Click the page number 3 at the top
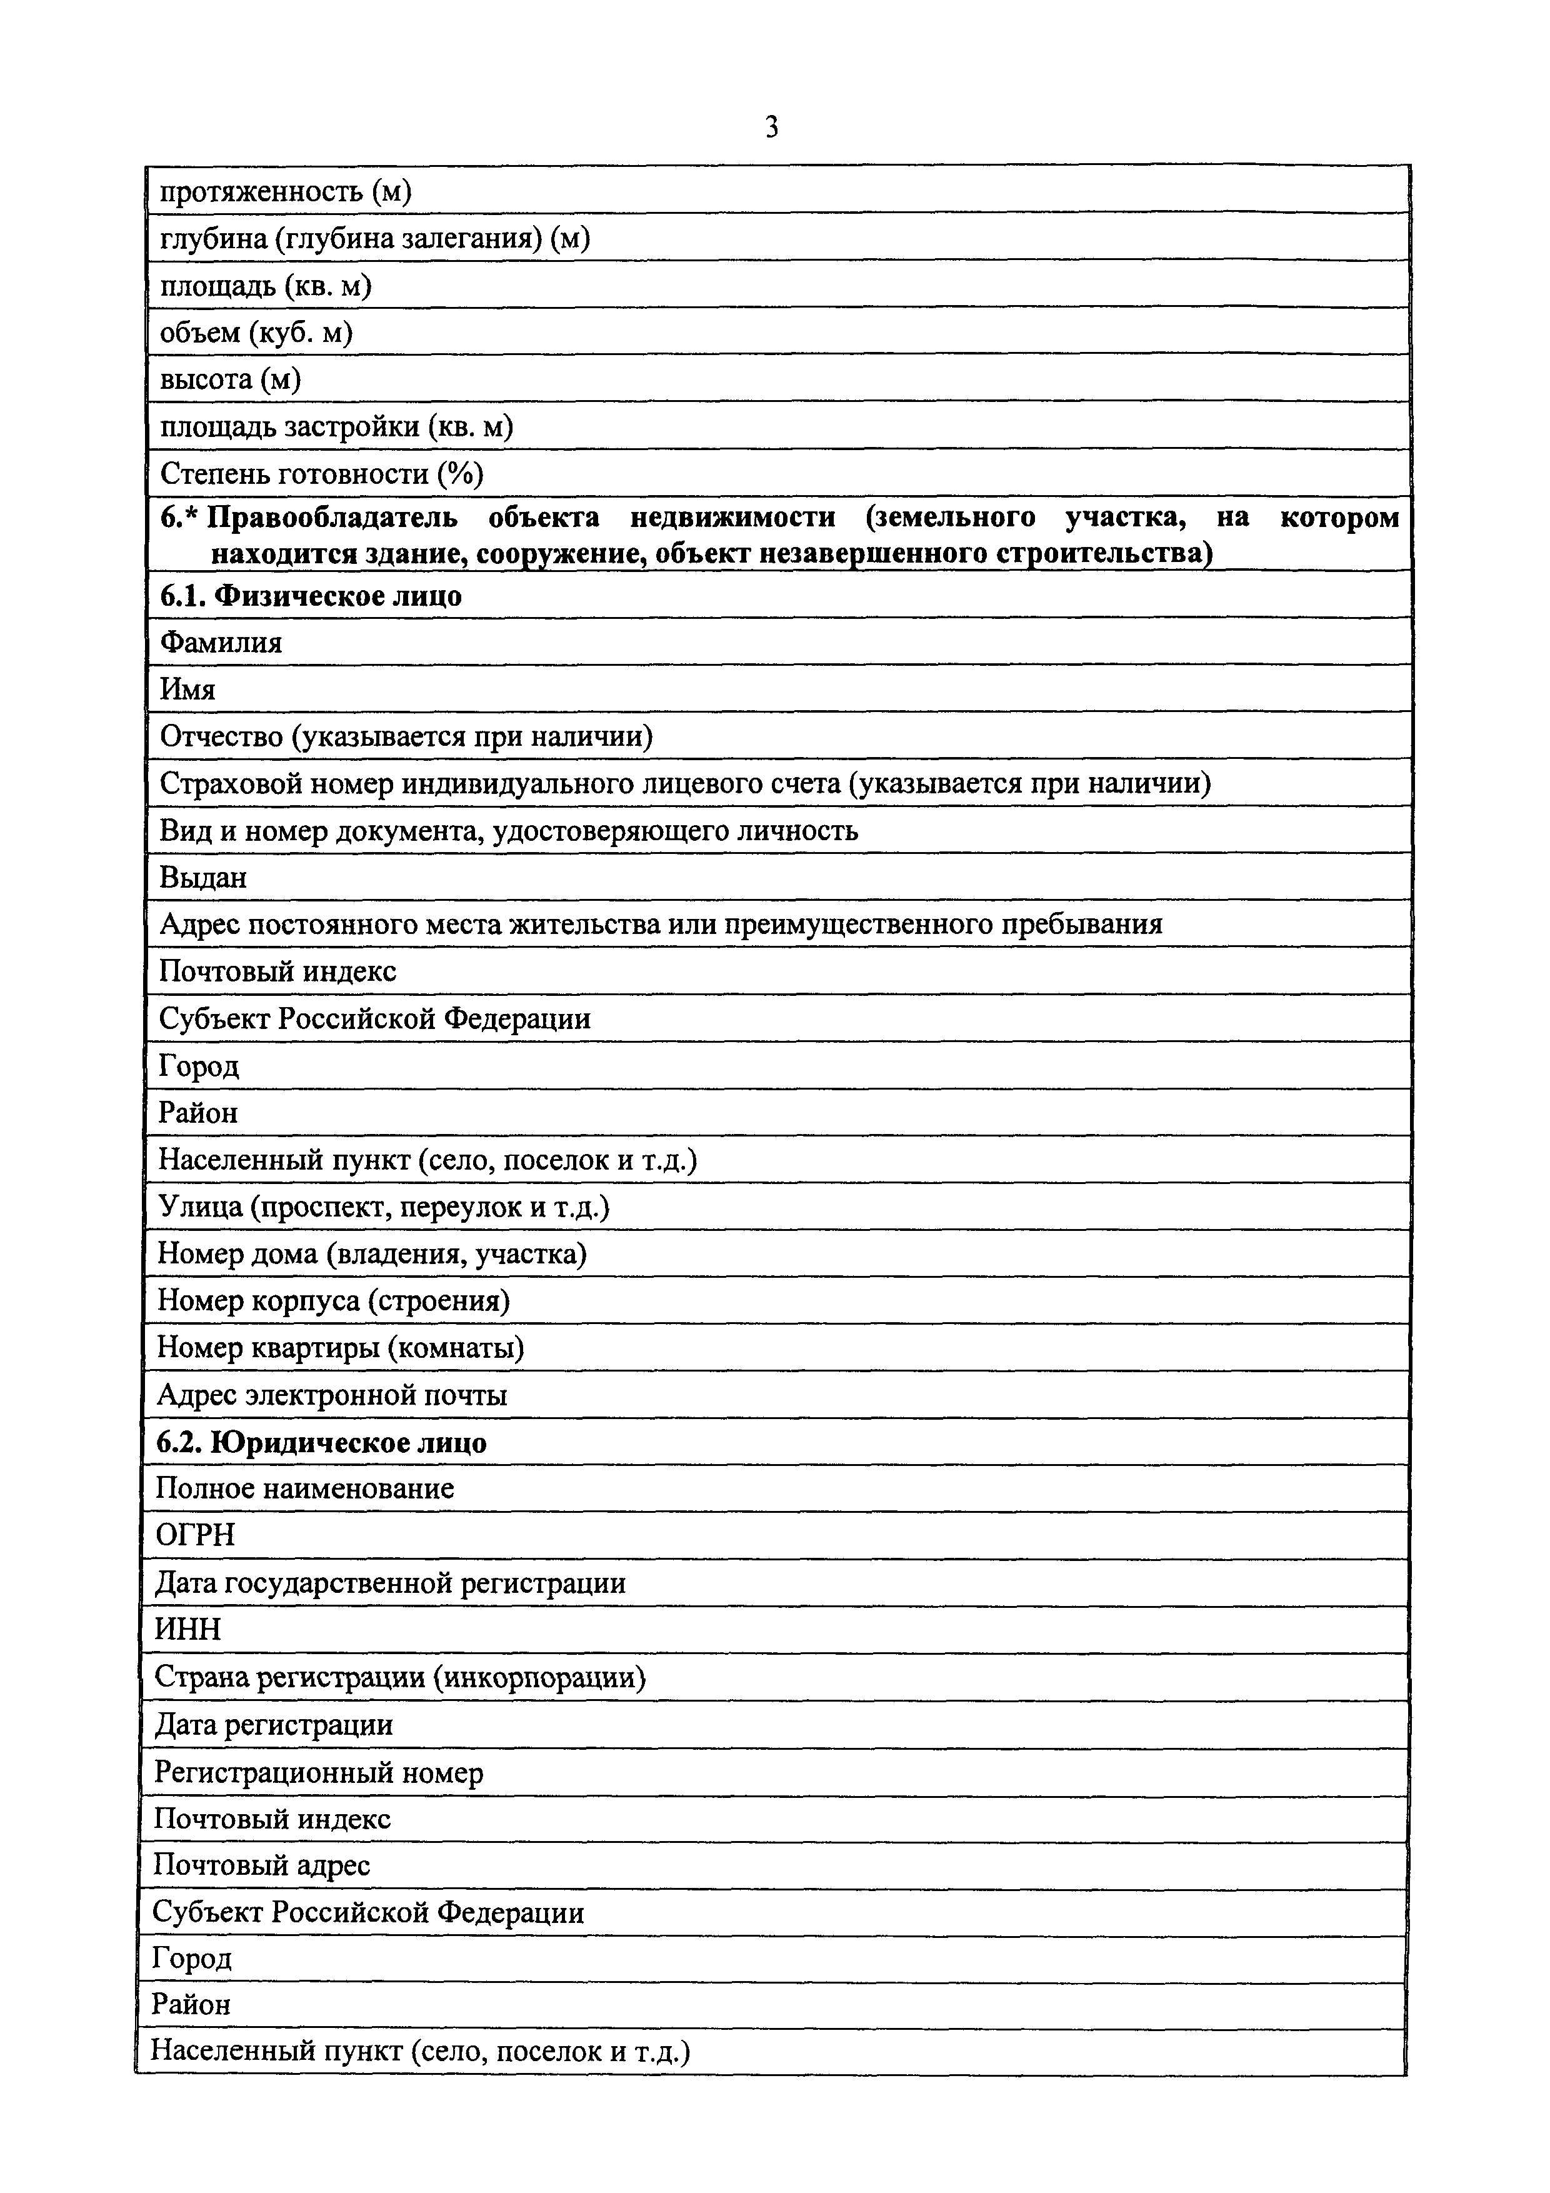[x=772, y=127]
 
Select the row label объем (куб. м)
[x=256, y=333]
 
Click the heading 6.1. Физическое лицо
[x=311, y=596]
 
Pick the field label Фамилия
[x=221, y=643]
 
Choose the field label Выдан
[x=202, y=877]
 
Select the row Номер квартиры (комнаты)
[x=340, y=1348]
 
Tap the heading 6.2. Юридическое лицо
[x=321, y=1442]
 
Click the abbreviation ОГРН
[x=195, y=1536]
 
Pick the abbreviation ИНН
[x=187, y=1630]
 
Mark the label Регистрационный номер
[x=318, y=1773]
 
